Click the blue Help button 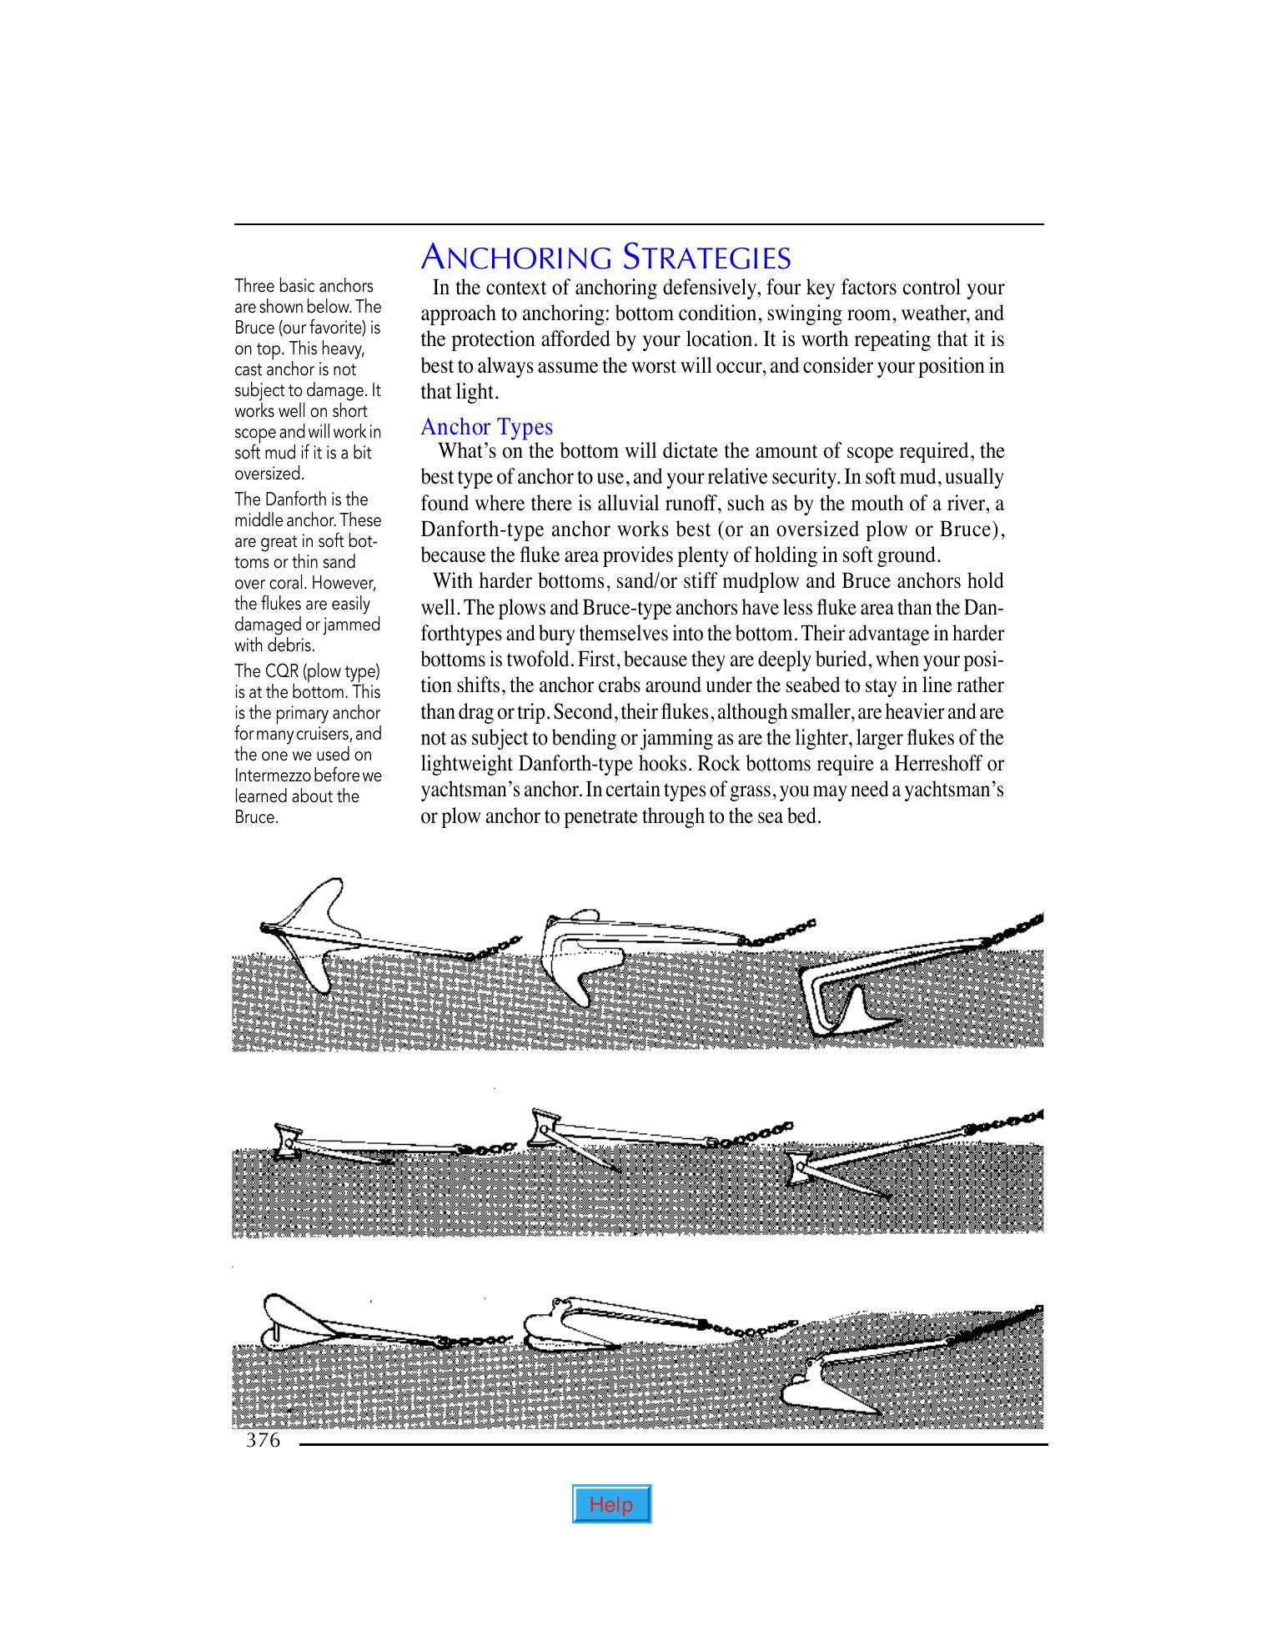pos(611,1504)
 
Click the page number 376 pos(263,1440)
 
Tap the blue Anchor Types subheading pos(486,427)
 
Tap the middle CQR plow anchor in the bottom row pos(575,1326)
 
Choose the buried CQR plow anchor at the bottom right pos(834,1388)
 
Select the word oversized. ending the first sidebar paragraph pos(269,474)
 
